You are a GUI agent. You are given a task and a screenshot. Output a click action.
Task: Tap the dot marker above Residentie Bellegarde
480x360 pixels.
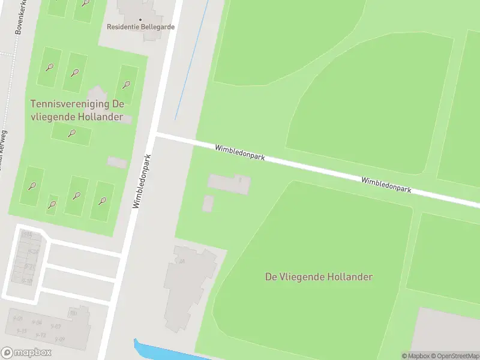click(140, 19)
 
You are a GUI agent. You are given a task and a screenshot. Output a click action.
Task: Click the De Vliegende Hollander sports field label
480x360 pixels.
click(319, 277)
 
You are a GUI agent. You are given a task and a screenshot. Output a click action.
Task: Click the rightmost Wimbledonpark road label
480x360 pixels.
click(386, 184)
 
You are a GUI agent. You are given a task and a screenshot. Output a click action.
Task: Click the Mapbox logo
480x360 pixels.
click(26, 353)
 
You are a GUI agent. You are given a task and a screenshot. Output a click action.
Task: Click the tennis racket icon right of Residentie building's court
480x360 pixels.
click(127, 84)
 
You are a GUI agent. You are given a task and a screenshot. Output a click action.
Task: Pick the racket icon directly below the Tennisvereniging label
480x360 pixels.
click(72, 133)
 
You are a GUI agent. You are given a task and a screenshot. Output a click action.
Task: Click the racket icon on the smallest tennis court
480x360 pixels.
click(52, 205)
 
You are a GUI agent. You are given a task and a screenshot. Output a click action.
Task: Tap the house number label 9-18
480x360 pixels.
click(28, 281)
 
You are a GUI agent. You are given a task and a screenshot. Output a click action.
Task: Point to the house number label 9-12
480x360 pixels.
click(40, 335)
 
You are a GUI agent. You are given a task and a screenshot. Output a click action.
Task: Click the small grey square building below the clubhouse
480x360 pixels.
click(208, 203)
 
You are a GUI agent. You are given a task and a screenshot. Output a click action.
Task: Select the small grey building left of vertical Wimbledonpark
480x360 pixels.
click(117, 162)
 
